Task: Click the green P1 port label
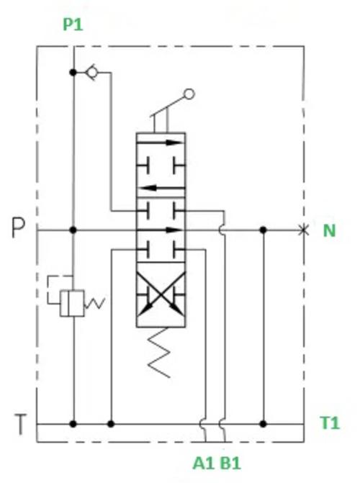click(73, 24)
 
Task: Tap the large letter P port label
click(18, 227)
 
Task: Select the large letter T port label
click(20, 424)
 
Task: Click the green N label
click(329, 230)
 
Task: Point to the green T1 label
click(330, 423)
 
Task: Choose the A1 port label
click(204, 463)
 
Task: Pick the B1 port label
click(230, 463)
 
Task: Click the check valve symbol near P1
click(92, 73)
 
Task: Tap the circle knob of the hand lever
click(189, 94)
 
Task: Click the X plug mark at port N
click(304, 230)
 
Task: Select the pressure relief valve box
click(72, 303)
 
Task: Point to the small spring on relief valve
click(94, 303)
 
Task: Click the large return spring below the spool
click(159, 353)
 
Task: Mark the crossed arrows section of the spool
click(161, 295)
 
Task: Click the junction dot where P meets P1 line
click(73, 230)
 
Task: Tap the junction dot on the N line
click(263, 230)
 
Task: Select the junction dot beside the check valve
click(73, 73)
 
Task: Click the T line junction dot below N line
click(263, 424)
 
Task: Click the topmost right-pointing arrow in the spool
click(160, 143)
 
